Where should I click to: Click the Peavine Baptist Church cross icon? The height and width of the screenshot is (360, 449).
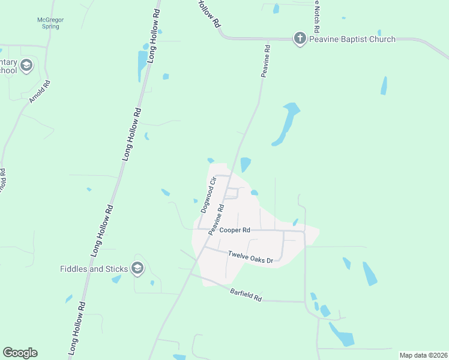point(300,39)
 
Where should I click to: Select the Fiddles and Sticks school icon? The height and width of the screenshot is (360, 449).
point(137,268)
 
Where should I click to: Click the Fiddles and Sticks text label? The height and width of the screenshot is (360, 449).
point(95,268)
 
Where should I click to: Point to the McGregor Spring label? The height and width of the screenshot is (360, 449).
point(50,23)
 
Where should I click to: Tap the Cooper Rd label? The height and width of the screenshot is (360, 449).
point(235,230)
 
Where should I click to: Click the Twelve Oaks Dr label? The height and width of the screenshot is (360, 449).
point(250,256)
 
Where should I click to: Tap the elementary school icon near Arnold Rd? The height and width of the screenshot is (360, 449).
point(26,66)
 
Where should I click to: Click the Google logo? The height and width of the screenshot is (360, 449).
point(20,353)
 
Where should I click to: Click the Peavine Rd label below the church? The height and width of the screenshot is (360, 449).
point(264,61)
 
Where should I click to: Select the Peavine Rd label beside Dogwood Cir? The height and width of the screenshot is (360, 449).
point(216,220)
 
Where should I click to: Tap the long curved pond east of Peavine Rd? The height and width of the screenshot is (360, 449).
point(285,125)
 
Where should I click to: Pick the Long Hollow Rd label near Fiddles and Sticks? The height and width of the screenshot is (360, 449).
point(103,231)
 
